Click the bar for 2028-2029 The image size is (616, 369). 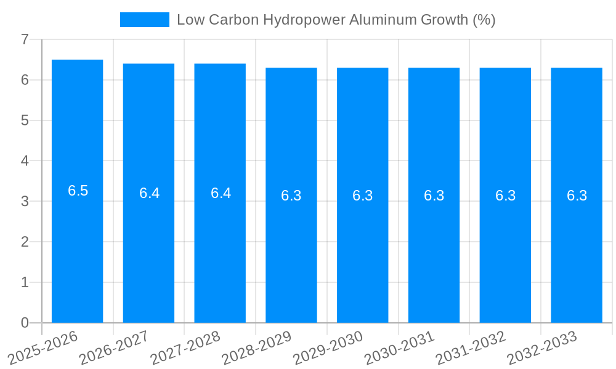coord(291,258)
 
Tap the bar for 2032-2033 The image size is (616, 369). coord(577,258)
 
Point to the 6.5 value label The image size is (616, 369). coord(78,191)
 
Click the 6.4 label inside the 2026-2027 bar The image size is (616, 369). coord(149,193)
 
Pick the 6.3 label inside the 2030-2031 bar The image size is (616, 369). coord(434,196)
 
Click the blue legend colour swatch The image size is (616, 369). coord(144,20)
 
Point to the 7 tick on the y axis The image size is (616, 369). coord(25,40)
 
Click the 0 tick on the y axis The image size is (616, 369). coord(25,323)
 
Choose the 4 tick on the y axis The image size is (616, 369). coord(25,161)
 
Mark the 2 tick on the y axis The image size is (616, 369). coord(25,242)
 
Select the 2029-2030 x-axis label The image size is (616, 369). coord(328,347)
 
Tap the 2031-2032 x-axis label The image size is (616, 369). coord(471,347)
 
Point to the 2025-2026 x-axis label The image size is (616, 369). coord(43,347)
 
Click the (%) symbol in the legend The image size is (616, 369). coord(484,20)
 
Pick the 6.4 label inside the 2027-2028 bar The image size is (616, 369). coord(221,193)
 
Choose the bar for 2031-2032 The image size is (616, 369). coord(505,258)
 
